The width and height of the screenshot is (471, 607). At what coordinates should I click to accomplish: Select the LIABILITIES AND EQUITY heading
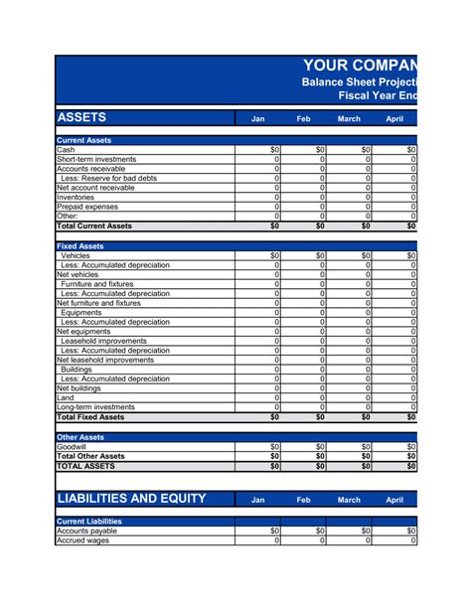pos(131,499)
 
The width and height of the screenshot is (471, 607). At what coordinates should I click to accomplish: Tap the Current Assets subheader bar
pos(84,141)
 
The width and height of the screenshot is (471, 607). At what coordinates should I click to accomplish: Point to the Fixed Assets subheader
pos(80,245)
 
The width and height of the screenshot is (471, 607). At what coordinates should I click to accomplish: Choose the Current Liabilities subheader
pos(89,521)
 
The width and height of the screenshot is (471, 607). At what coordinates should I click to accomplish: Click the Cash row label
pos(67,150)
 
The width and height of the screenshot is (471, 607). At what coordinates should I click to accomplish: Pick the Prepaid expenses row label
pos(87,207)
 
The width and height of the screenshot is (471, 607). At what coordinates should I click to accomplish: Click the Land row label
pos(67,397)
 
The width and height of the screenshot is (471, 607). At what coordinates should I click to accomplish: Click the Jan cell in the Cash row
pos(258,150)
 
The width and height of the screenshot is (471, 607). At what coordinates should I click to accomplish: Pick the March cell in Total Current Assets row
pos(350,226)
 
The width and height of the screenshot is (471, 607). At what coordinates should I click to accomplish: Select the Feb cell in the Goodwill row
pos(304,446)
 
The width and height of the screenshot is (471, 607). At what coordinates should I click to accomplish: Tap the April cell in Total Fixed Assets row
pos(395,417)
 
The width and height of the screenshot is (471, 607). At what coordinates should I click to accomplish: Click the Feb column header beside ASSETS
pos(304,119)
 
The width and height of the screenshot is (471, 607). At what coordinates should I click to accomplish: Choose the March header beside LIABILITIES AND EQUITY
pos(350,501)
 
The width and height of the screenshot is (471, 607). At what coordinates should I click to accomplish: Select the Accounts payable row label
pos(87,531)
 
